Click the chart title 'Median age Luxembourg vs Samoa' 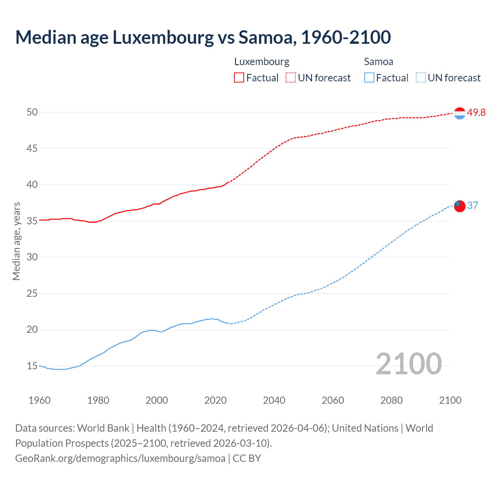203,37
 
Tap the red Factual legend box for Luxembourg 239,78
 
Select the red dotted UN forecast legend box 291,78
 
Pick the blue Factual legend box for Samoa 369,78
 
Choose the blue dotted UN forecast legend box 420,78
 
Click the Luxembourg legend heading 262,62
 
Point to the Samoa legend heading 379,62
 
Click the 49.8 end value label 476,112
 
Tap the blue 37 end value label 473,205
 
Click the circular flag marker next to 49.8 460,113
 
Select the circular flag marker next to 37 460,206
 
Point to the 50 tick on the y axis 32,112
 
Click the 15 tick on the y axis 32,366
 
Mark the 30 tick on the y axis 32,257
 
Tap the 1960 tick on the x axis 40,400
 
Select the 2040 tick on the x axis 274,400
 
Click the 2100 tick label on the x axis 450,400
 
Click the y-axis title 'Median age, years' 16,241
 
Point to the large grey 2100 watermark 408,363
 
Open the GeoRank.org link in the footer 120,458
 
